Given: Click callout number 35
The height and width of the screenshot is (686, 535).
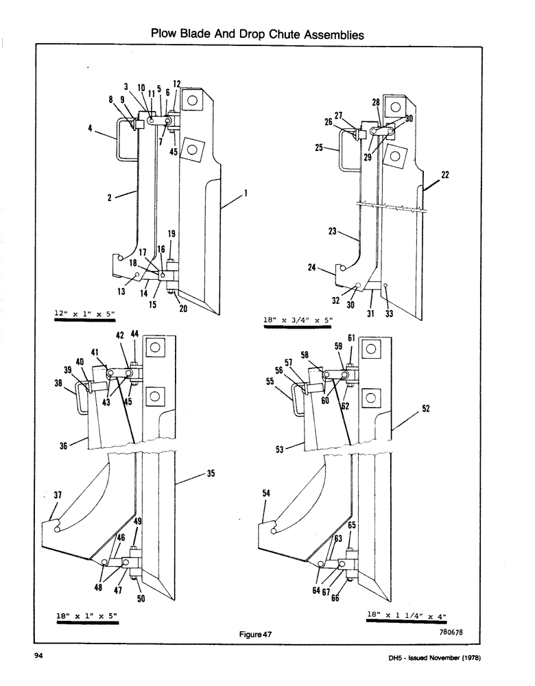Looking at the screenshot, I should (211, 473).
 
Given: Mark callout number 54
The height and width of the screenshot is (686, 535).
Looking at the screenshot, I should (265, 493).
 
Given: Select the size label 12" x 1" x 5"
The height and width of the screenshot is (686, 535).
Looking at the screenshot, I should (85, 314).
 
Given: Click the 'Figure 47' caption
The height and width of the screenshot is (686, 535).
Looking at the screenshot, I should (257, 635).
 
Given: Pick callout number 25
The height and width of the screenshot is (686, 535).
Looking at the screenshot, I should (319, 147).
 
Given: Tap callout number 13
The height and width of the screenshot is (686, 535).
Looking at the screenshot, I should (122, 290).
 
